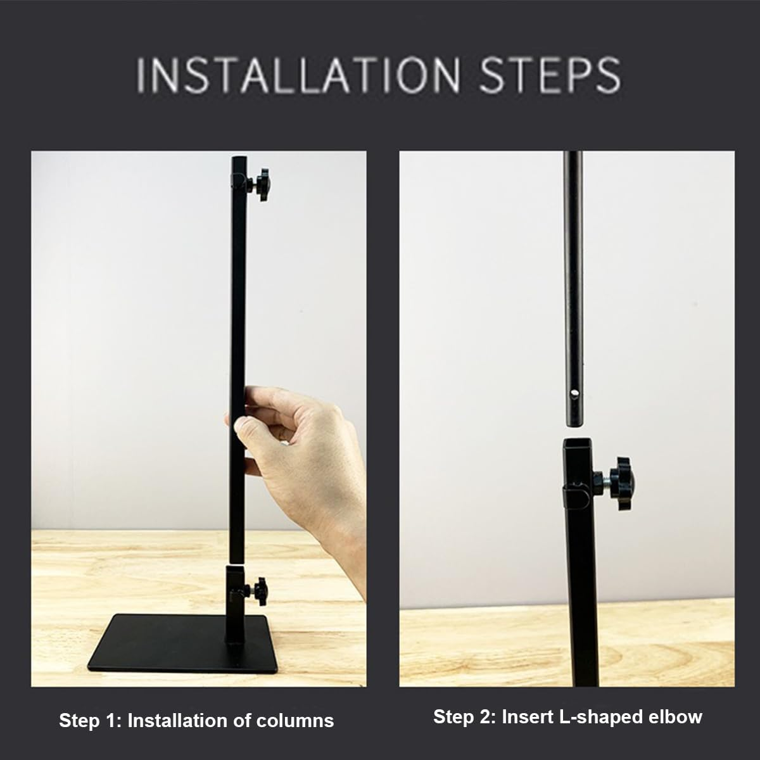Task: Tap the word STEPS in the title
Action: coord(549,75)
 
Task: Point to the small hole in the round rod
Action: coord(574,395)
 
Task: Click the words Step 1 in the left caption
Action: coord(89,721)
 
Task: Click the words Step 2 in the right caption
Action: coord(464,717)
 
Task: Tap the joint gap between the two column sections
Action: coord(237,564)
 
